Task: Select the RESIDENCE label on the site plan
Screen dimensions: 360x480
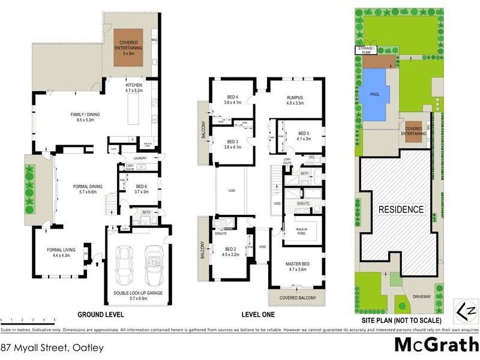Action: pyautogui.click(x=400, y=209)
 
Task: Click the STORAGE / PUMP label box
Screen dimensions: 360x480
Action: pyautogui.click(x=366, y=50)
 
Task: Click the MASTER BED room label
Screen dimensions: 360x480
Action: pyautogui.click(x=298, y=267)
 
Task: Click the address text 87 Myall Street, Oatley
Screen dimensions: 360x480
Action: pyautogui.click(x=52, y=347)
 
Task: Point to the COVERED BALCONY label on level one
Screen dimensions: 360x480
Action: pyautogui.click(x=298, y=297)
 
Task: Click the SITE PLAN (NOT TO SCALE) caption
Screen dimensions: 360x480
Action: pyautogui.click(x=398, y=314)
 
